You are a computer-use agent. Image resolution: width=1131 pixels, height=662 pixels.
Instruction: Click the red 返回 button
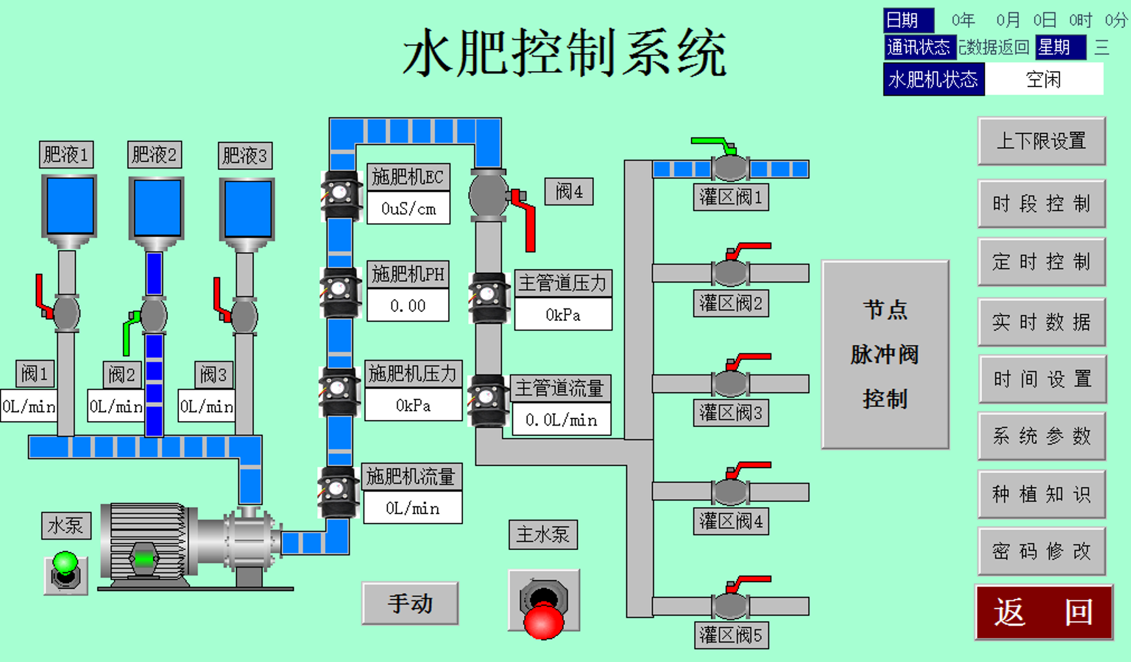coord(1043,612)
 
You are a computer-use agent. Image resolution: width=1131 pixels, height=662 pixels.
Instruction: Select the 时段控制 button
coord(1041,204)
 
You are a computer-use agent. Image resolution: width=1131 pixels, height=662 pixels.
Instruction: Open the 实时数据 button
coord(1041,322)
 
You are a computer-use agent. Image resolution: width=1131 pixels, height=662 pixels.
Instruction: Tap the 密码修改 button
coord(1041,551)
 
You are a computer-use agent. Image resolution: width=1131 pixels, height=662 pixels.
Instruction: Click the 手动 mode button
coord(410,603)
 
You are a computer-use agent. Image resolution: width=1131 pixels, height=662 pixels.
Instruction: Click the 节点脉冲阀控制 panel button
coord(885,355)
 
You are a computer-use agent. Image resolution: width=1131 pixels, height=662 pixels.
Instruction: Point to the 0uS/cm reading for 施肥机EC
coord(408,208)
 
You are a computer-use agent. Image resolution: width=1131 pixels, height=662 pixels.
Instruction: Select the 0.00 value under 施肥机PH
coord(408,306)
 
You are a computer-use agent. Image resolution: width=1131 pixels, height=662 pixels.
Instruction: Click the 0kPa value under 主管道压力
coord(563,315)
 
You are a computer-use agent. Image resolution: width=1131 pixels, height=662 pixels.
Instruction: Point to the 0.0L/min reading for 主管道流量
coord(561,420)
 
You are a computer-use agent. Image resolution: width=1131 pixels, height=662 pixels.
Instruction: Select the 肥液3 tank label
coord(245,156)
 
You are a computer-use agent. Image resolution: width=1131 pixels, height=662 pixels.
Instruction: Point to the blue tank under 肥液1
coord(69,206)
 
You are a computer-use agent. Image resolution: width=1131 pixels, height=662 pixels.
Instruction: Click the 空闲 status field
coord(1044,79)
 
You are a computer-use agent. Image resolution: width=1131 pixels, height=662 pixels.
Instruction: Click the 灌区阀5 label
coord(731,635)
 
